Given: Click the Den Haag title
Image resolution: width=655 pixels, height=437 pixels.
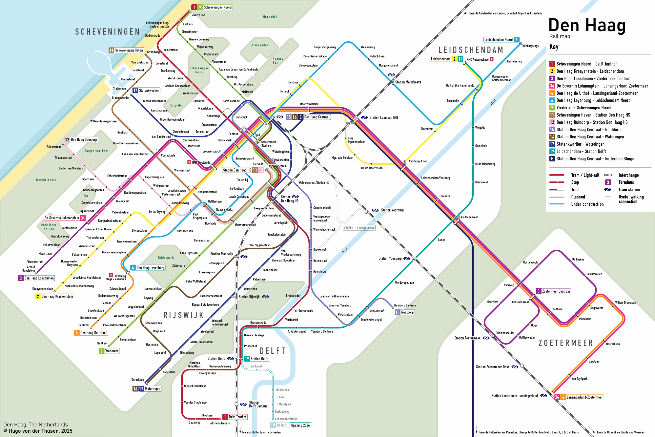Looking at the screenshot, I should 587,26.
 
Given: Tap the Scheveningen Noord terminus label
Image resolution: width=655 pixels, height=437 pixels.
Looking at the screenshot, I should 217,7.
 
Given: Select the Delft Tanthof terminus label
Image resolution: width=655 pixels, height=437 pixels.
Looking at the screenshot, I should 237,417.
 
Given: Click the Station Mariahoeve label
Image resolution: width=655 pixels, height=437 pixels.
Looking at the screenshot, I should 408,82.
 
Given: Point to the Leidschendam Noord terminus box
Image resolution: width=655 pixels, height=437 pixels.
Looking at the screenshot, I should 498,40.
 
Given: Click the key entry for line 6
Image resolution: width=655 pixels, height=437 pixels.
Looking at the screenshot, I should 593,100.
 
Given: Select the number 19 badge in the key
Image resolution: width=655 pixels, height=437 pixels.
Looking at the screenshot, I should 552,151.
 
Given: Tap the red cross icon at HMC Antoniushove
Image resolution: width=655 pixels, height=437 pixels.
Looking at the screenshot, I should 492,59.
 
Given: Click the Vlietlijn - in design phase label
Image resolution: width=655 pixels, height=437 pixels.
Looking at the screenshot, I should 359,228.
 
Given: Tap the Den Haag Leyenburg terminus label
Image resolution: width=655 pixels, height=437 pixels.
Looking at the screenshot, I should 150,268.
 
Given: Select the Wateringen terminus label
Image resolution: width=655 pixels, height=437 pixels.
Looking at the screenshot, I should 152,389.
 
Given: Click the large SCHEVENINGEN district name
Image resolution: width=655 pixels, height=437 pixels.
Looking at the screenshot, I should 107,32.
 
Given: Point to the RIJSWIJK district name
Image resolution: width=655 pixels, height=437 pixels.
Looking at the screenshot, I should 183,315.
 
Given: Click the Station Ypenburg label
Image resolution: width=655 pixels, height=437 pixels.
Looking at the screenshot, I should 390,258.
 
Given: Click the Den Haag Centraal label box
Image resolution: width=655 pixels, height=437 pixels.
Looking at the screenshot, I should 317,117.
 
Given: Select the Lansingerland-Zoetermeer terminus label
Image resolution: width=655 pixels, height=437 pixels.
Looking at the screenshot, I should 584,397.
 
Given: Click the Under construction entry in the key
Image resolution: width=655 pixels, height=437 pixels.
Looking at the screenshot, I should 587,204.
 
